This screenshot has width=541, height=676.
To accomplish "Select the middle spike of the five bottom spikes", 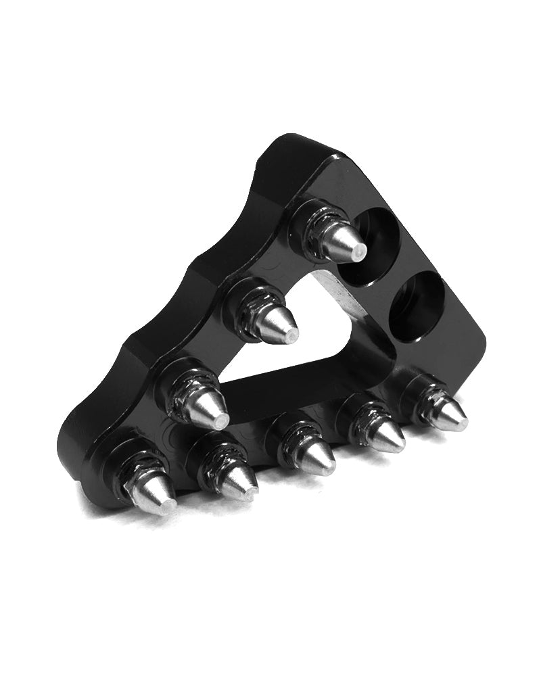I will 311,453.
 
